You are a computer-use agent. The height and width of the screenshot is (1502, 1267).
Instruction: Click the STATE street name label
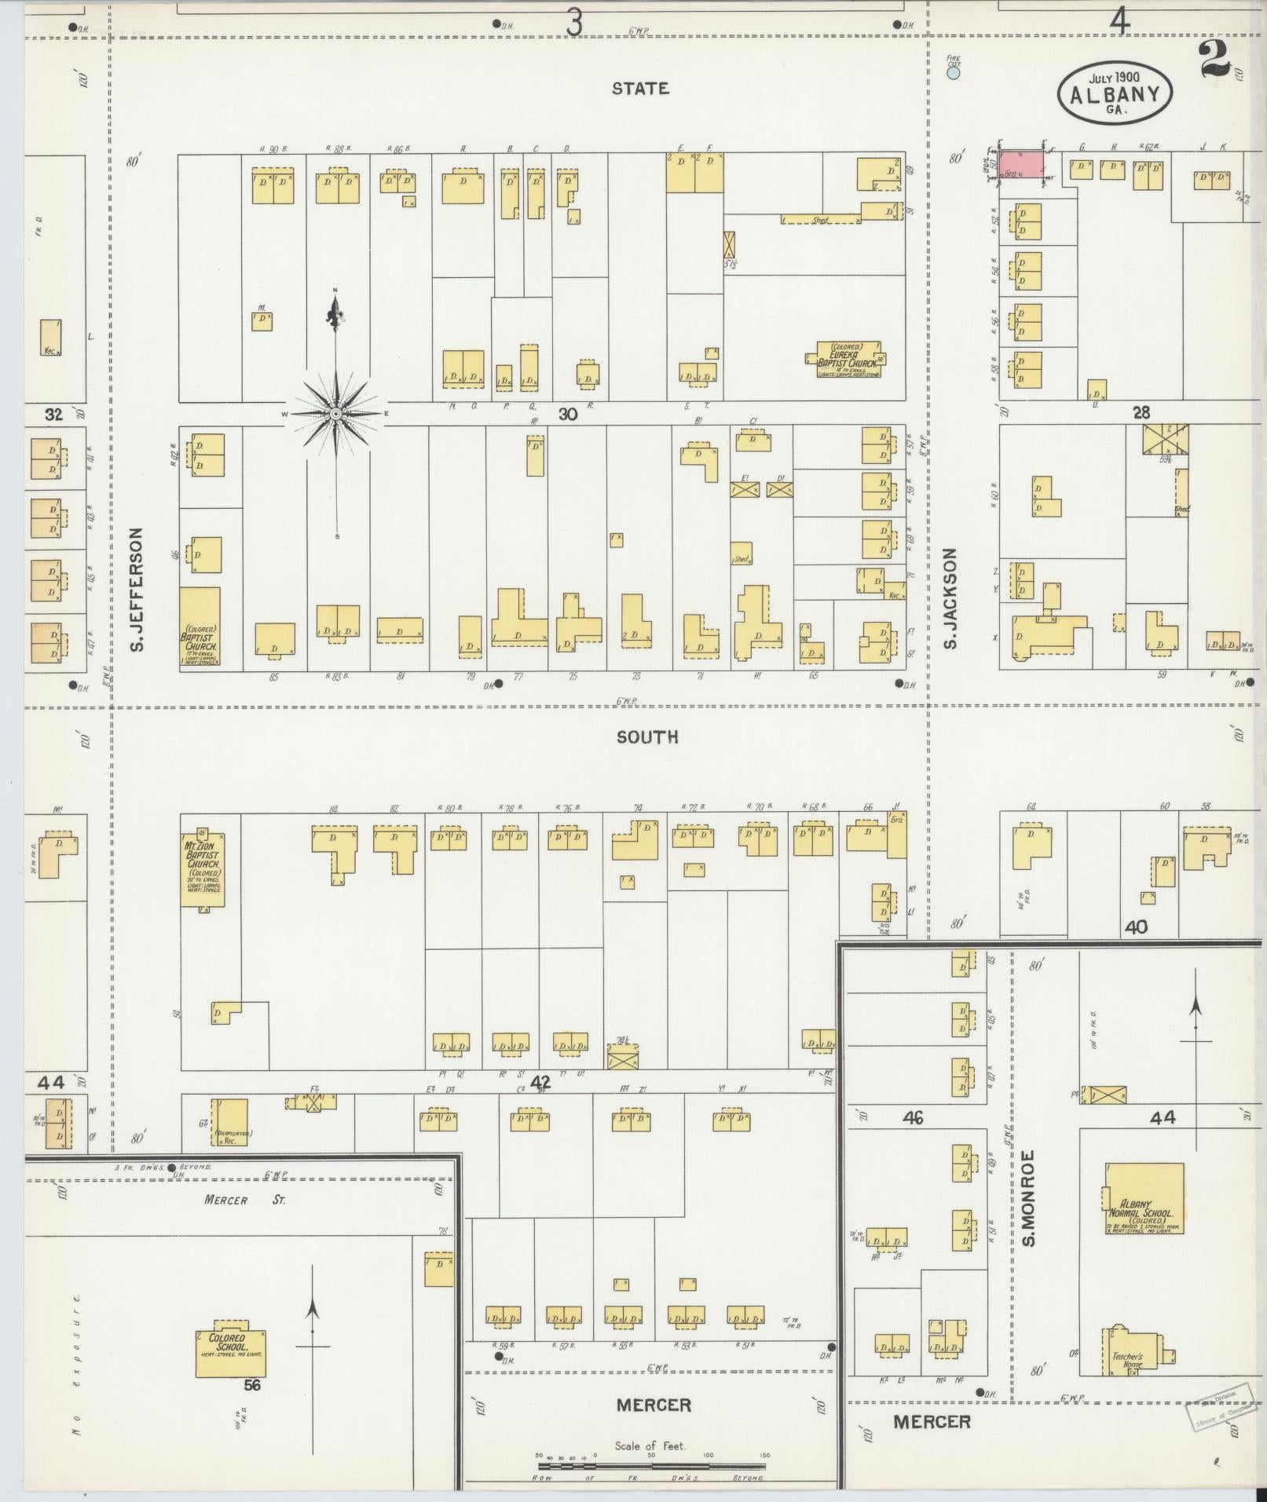[x=640, y=89]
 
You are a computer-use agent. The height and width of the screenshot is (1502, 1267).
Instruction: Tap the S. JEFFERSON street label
[x=135, y=589]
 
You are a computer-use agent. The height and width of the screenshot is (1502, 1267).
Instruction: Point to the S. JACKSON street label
[x=951, y=598]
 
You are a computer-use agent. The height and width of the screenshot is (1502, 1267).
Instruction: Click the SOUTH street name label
[x=646, y=737]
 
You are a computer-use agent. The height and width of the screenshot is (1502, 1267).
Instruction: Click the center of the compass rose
[x=336, y=413]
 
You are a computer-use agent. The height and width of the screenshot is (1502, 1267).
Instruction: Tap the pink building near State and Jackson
[x=1021, y=164]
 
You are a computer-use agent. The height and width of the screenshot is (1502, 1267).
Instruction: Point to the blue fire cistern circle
[x=953, y=73]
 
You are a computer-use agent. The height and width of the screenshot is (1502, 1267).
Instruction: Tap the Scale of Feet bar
[x=654, y=1465]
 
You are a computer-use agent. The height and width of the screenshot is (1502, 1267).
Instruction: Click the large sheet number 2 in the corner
[x=1214, y=59]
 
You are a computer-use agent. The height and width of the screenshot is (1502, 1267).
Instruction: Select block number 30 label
[x=568, y=414]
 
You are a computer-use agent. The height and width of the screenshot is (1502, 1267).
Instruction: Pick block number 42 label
[x=540, y=1083]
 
